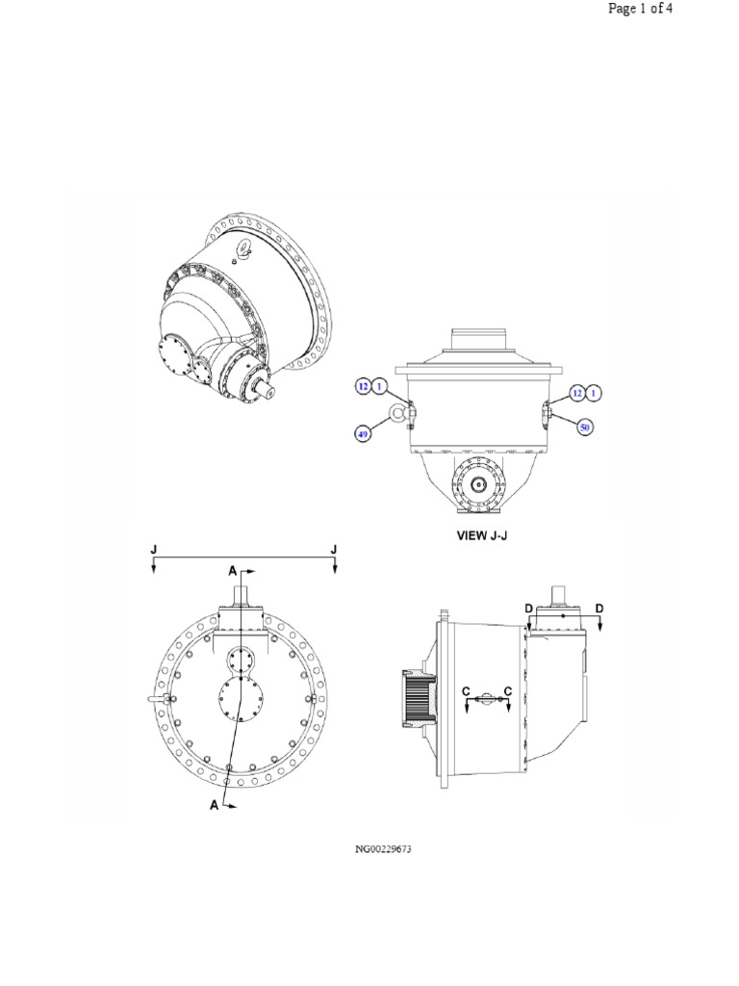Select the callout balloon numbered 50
click(x=584, y=425)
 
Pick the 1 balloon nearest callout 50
click(x=594, y=392)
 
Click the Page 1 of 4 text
click(x=639, y=10)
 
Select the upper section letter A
click(x=232, y=571)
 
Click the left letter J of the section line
click(x=154, y=549)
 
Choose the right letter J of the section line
click(x=334, y=549)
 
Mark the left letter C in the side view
click(x=466, y=692)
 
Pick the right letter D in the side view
click(x=599, y=609)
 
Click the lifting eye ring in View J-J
click(x=395, y=415)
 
